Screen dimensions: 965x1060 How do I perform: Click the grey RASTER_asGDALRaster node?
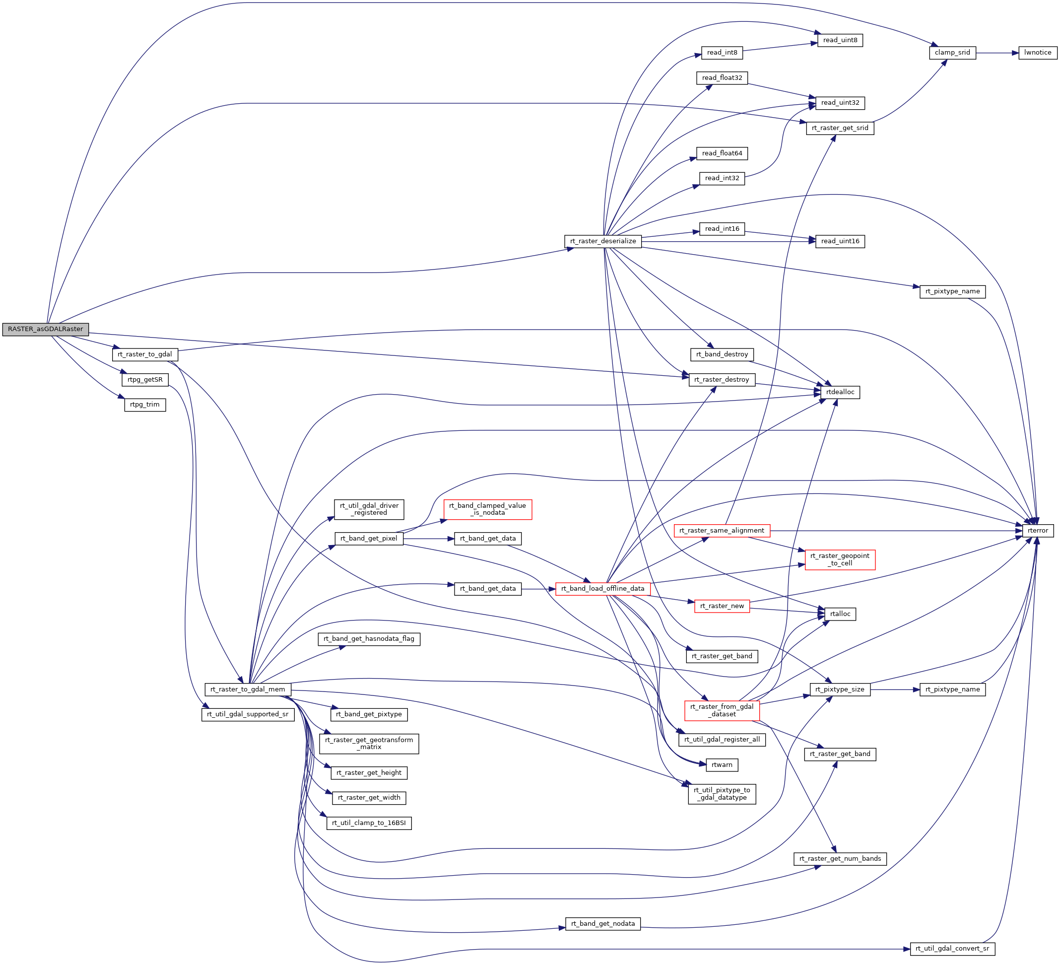(x=45, y=329)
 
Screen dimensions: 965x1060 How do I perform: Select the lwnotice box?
(x=1037, y=53)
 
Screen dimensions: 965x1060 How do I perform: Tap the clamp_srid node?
(x=952, y=53)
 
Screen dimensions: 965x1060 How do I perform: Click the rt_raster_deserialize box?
(x=602, y=241)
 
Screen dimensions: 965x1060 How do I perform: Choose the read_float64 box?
(x=722, y=153)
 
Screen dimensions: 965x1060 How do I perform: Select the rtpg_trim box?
(x=145, y=405)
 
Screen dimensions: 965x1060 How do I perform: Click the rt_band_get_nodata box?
(x=602, y=923)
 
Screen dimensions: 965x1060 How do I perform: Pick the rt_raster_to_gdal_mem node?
(x=248, y=689)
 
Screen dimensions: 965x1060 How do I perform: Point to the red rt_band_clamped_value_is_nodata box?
(x=487, y=509)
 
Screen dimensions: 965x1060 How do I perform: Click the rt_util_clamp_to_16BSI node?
(x=369, y=823)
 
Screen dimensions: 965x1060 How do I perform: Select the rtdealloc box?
(x=840, y=392)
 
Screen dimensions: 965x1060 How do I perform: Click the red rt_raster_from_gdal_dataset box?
(x=722, y=710)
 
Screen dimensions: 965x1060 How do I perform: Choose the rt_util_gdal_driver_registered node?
(x=369, y=509)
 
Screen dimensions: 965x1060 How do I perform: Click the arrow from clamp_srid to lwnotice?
(x=997, y=53)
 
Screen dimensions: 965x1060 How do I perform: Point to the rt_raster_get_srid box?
(x=840, y=128)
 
